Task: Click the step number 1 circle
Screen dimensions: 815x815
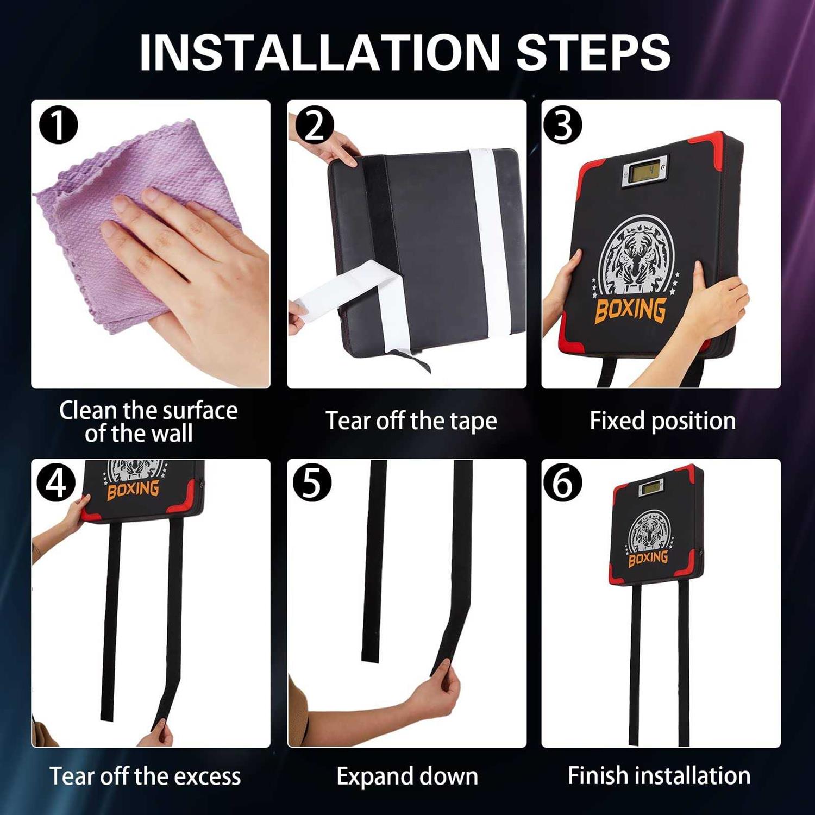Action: point(59,125)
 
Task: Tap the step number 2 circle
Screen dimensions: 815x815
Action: point(315,125)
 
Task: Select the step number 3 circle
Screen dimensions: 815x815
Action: point(563,125)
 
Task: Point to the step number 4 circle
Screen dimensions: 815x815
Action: point(57,482)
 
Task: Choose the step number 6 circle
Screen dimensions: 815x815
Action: point(563,482)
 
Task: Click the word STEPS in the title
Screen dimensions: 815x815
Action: point(593,52)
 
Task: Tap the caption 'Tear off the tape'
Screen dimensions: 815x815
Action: point(411,421)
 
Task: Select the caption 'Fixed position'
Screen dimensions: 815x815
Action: point(663,421)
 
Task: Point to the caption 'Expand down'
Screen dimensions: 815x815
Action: point(407,776)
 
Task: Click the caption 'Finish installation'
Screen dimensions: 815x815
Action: point(659,775)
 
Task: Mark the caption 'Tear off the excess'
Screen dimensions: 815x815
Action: point(145,776)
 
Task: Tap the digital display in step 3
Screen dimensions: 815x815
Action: point(645,172)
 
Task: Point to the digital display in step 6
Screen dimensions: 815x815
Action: point(651,488)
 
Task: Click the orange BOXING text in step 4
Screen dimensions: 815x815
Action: point(133,490)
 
